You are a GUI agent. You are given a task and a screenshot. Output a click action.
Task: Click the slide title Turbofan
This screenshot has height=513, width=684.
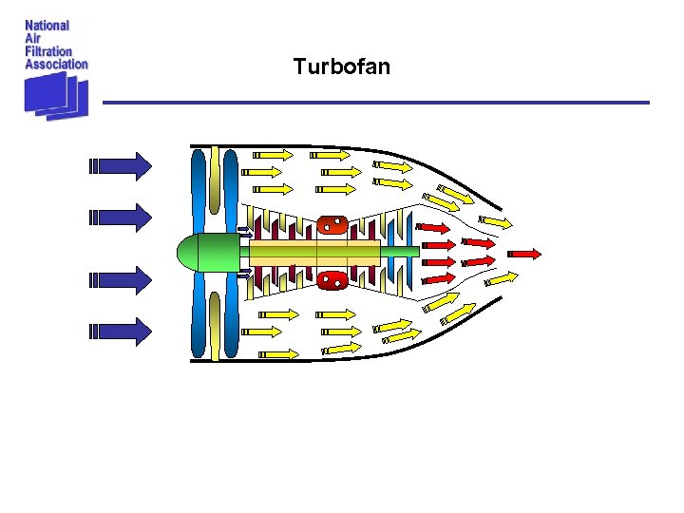341,66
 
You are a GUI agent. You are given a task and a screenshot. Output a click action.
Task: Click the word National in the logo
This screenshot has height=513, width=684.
47,26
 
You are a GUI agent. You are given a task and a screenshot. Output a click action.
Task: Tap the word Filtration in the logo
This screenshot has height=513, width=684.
48,51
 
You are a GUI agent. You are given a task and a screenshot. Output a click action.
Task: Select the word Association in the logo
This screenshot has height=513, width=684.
56,64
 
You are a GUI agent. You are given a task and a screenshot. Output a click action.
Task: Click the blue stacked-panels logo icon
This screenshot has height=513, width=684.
56,95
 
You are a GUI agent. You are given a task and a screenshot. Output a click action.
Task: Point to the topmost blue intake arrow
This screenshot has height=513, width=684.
120,166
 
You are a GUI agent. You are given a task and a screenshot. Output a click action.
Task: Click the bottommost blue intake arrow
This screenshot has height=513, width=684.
120,331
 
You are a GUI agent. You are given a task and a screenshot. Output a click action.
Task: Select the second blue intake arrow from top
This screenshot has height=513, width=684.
120,217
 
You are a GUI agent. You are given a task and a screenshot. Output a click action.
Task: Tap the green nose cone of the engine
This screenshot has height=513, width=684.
201,253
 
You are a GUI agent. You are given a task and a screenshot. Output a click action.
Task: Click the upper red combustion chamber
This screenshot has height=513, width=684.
332,225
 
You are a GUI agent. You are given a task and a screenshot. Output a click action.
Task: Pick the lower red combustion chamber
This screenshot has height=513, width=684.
332,280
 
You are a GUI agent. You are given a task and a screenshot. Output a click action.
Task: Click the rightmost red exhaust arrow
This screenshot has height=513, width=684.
524,254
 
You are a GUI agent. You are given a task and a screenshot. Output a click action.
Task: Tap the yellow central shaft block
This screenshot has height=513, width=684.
313,253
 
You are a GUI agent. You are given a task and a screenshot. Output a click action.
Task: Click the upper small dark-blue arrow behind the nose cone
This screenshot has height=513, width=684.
243,230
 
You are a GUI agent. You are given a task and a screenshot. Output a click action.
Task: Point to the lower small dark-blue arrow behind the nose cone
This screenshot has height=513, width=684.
243,275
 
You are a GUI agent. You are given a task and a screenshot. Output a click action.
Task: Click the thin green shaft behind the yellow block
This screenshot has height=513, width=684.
399,253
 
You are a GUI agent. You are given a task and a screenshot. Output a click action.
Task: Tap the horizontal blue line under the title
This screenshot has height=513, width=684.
375,103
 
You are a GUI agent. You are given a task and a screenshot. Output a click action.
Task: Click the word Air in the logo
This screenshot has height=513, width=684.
32,39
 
